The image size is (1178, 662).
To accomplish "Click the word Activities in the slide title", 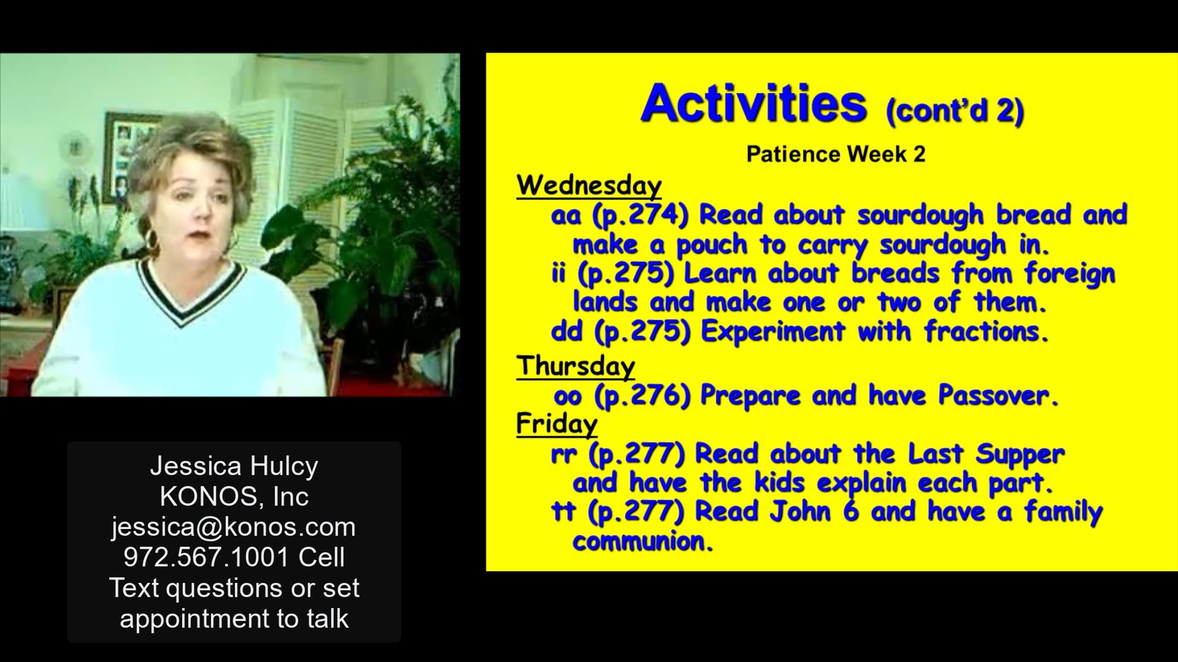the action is point(754,103).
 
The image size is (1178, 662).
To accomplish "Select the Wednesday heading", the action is point(589,186).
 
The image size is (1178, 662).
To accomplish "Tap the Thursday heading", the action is point(575,366).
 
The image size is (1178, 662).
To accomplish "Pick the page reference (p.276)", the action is point(642,396).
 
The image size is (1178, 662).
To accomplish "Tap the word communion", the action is point(643,541).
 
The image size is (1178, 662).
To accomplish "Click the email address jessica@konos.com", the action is point(234,527).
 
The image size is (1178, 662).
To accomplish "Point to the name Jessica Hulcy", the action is point(234,466).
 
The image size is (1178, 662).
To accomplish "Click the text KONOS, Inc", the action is point(234,497).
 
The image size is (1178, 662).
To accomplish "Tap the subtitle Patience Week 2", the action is point(836,154).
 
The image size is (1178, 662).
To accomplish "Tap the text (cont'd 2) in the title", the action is point(955,111).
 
